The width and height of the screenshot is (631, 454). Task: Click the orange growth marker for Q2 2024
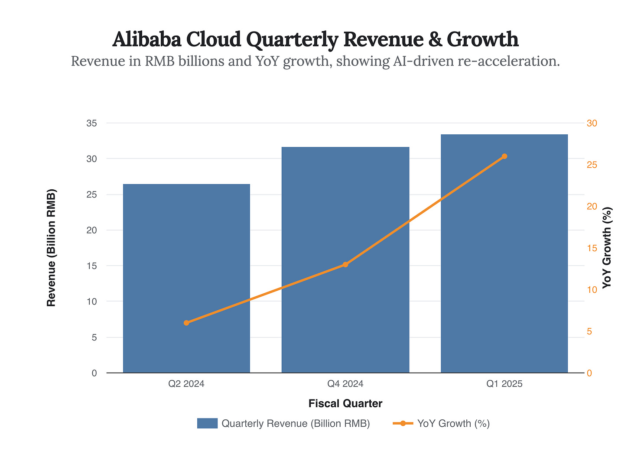(x=186, y=323)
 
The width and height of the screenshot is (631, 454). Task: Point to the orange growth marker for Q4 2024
(x=345, y=264)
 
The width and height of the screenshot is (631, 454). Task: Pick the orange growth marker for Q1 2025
(x=504, y=156)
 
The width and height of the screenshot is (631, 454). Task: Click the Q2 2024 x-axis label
(x=186, y=384)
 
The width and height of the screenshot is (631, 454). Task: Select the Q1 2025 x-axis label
(x=504, y=384)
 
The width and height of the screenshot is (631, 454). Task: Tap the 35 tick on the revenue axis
(x=91, y=123)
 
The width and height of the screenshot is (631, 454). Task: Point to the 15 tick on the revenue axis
(x=91, y=266)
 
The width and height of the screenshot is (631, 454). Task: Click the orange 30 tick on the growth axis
(x=592, y=123)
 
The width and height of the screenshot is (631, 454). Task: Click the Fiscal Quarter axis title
(x=345, y=404)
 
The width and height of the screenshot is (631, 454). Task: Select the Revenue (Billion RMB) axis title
(x=52, y=248)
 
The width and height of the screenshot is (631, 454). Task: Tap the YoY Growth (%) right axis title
(x=607, y=248)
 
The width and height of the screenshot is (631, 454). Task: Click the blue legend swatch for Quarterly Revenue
(x=207, y=423)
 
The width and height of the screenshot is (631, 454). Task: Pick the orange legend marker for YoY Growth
(x=403, y=423)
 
